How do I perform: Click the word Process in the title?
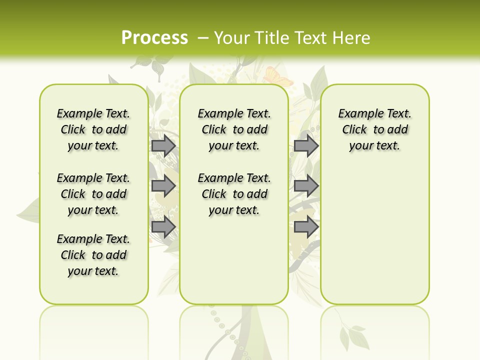pyautogui.click(x=154, y=37)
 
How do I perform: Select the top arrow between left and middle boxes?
pyautogui.click(x=163, y=146)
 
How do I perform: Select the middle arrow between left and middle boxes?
pyautogui.click(x=163, y=186)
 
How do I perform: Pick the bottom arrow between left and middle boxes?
pyautogui.click(x=163, y=227)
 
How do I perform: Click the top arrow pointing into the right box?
pyautogui.click(x=306, y=146)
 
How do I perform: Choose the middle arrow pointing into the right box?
pyautogui.click(x=306, y=186)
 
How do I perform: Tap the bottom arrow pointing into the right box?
pyautogui.click(x=306, y=227)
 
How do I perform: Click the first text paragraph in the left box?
pyautogui.click(x=93, y=129)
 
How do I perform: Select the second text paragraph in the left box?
pyautogui.click(x=93, y=194)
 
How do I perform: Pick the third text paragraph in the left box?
pyautogui.click(x=93, y=255)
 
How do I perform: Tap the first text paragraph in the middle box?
pyautogui.click(x=234, y=129)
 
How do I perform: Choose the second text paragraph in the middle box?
pyautogui.click(x=234, y=194)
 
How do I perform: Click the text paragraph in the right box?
pyautogui.click(x=375, y=129)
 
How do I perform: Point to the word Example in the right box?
pyautogui.click(x=358, y=114)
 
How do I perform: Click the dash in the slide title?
pyautogui.click(x=203, y=37)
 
